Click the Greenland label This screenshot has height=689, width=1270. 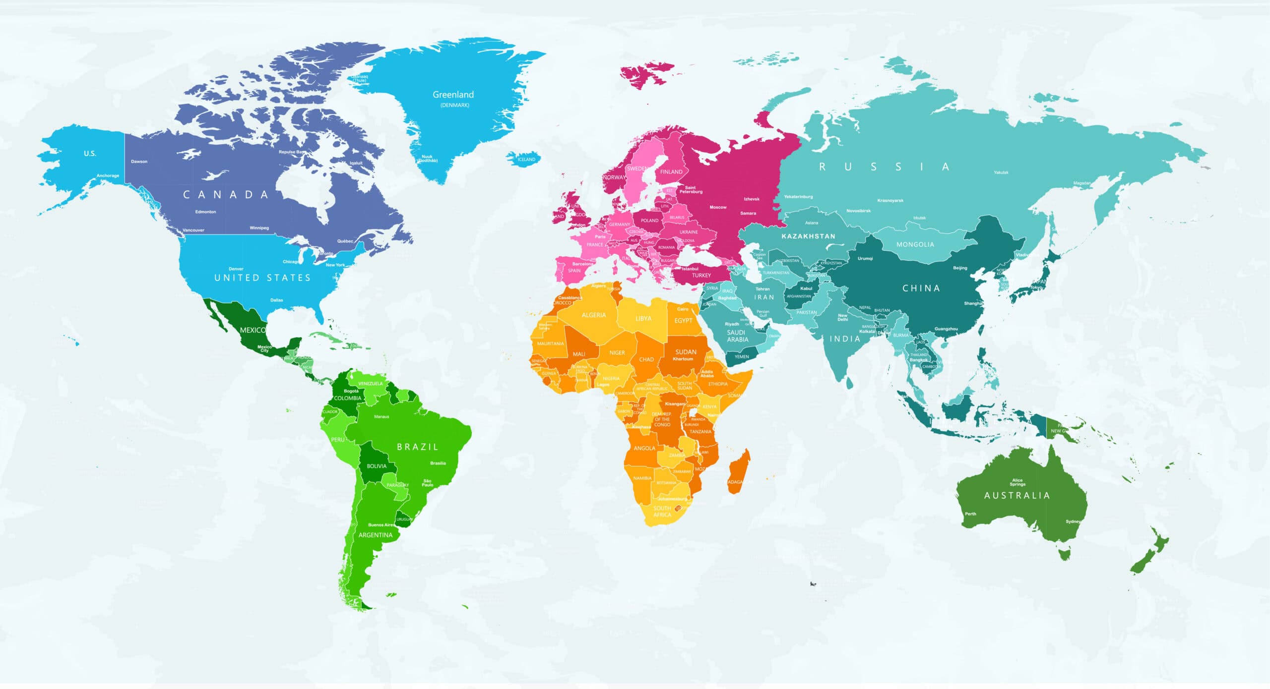pos(453,95)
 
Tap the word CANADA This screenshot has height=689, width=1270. pos(226,195)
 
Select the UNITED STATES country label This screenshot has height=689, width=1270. pos(262,278)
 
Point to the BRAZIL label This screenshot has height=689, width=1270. pos(418,447)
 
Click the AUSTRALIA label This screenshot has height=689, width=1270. pos(1017,495)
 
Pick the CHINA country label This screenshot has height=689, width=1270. pos(921,288)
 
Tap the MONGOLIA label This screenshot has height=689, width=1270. pos(915,244)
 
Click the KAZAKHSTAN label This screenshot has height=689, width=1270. pos(808,236)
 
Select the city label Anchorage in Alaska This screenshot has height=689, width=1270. pos(108,175)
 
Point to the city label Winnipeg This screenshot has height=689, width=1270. pos(259,228)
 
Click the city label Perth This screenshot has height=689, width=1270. pos(970,514)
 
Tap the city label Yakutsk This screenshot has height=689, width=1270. pos(1001,172)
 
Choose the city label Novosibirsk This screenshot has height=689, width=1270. pos(858,211)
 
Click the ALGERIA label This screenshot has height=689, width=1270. pos(593,315)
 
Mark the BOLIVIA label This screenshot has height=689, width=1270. pos(376,466)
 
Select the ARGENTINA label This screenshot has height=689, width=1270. pos(375,535)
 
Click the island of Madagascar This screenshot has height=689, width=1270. pos(739,471)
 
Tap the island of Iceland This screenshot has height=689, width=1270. pos(524,159)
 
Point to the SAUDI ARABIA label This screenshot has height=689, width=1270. pos(737,336)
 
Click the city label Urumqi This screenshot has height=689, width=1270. pos(865,258)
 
